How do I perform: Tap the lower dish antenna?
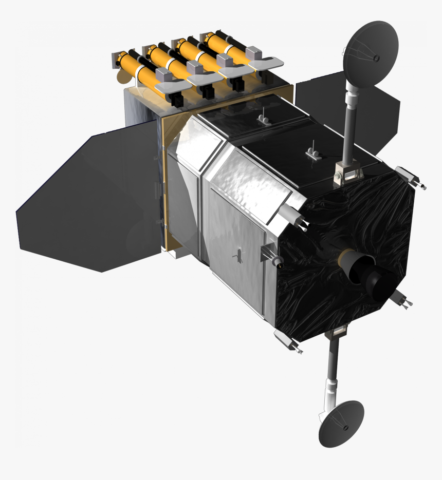pyautogui.click(x=340, y=423)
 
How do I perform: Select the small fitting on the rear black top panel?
pyautogui.click(x=263, y=119)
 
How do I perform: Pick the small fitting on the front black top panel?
pyautogui.click(x=312, y=151)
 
